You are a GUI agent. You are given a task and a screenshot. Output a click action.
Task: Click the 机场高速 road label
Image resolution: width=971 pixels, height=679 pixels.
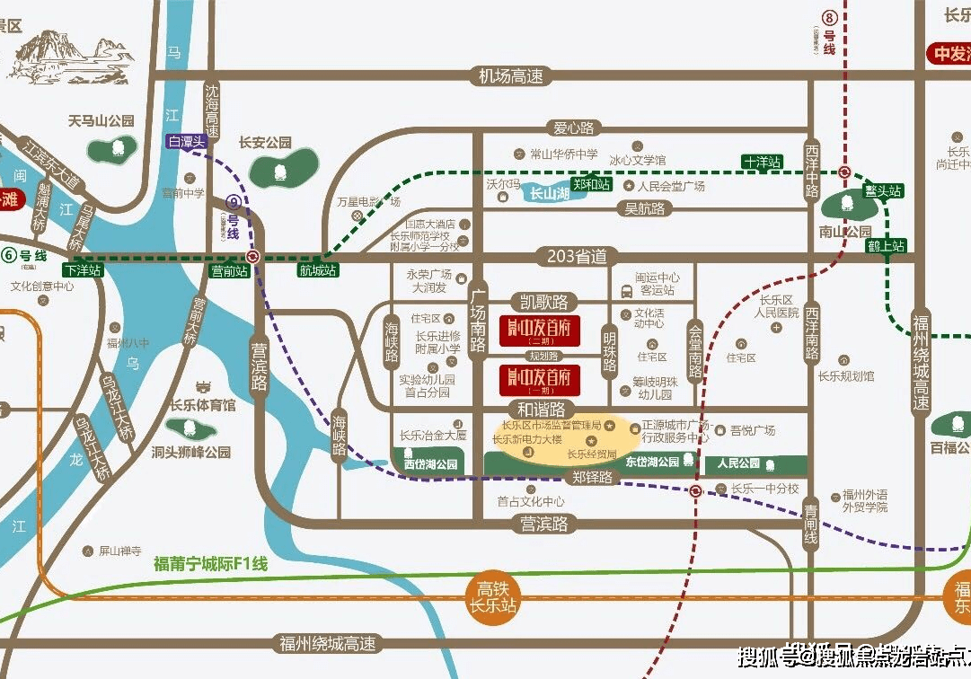(x=511, y=77)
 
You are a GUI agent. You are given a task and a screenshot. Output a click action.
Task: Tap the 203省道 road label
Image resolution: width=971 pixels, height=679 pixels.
(x=577, y=257)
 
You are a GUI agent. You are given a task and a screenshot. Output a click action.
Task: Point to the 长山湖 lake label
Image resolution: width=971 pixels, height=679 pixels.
(x=549, y=193)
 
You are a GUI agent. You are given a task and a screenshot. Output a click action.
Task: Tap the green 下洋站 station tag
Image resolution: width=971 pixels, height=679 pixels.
(x=83, y=269)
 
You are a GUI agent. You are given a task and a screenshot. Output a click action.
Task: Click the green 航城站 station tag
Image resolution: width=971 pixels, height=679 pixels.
(x=316, y=269)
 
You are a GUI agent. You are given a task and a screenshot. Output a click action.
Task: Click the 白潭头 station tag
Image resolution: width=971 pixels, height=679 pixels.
(x=186, y=141)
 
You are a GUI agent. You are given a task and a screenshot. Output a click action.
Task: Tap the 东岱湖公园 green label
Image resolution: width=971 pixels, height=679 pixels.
(x=652, y=462)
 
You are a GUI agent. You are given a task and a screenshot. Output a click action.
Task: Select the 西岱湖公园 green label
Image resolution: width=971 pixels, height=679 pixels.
(x=429, y=465)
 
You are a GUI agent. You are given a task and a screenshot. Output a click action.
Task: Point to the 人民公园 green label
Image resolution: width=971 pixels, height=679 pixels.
(x=739, y=463)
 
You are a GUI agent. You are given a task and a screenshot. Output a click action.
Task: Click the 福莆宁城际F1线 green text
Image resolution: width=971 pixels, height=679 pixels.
(x=211, y=564)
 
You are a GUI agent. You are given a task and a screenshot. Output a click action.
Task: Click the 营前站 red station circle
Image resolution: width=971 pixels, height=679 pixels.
(x=254, y=256)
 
